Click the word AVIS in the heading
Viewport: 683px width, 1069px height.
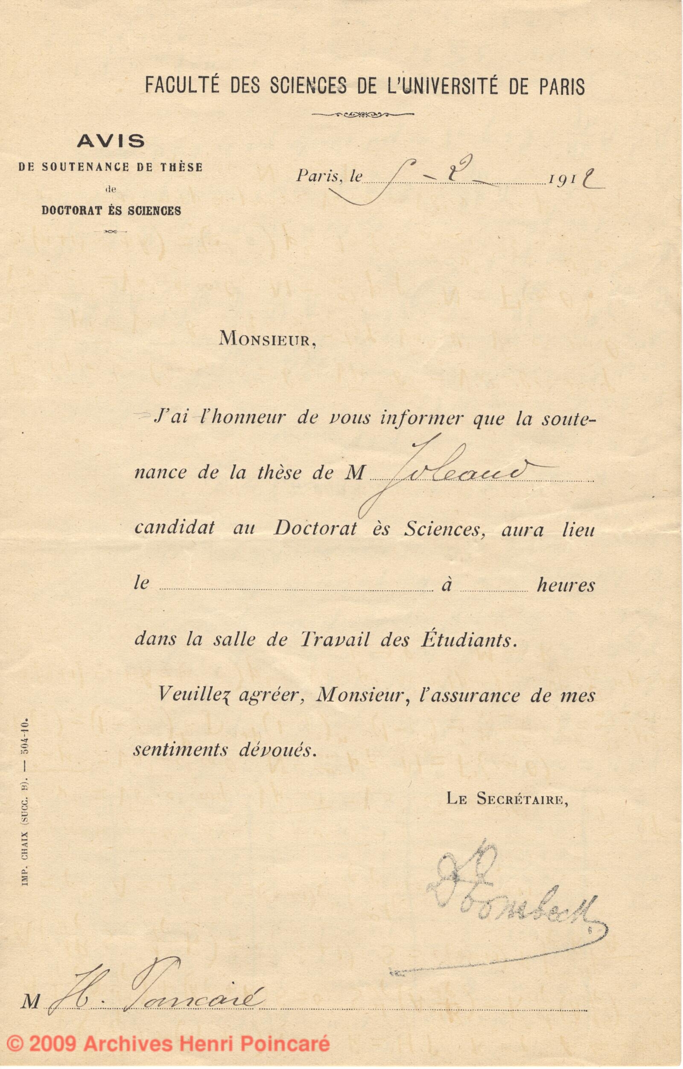tap(111, 141)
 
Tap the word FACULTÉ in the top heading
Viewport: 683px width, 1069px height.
tap(182, 86)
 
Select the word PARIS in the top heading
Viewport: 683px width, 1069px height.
tap(562, 86)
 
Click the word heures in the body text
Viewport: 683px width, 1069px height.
tap(566, 585)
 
